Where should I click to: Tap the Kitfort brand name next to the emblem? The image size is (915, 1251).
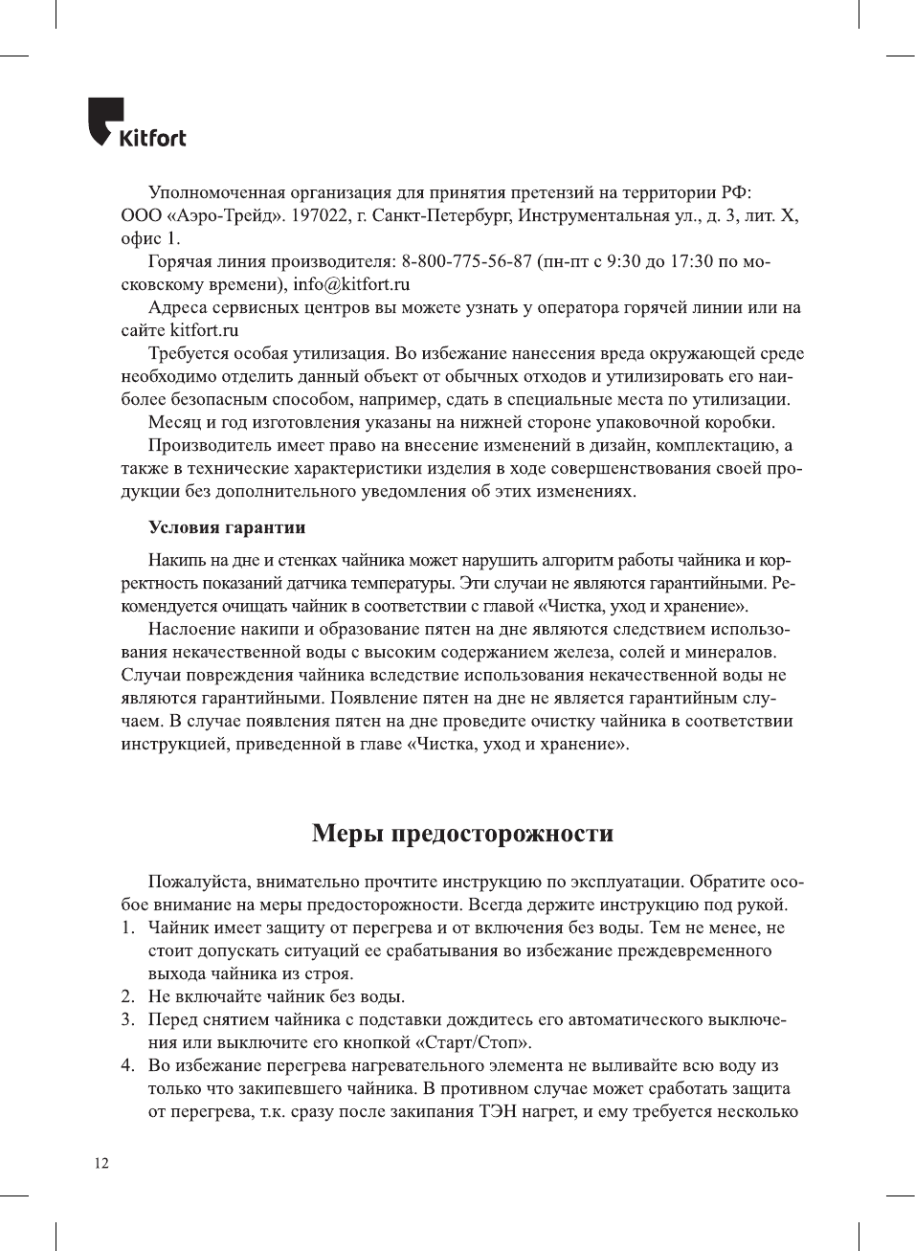click(x=152, y=138)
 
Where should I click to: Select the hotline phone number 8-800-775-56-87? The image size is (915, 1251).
click(x=466, y=261)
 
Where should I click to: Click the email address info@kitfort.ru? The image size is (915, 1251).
click(x=351, y=284)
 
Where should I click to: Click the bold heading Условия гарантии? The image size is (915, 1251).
click(x=227, y=527)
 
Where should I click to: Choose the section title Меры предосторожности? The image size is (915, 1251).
click(x=462, y=833)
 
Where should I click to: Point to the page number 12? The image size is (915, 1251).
click(x=100, y=1163)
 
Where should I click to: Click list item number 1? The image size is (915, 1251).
click(x=127, y=927)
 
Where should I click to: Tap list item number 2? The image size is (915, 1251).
click(x=127, y=996)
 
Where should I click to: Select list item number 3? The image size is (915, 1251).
click(x=127, y=1019)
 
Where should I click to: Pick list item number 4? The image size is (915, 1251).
click(x=127, y=1065)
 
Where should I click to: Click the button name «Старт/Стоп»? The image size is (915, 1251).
click(x=473, y=1042)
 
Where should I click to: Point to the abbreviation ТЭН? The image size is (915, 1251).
click(x=499, y=1111)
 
